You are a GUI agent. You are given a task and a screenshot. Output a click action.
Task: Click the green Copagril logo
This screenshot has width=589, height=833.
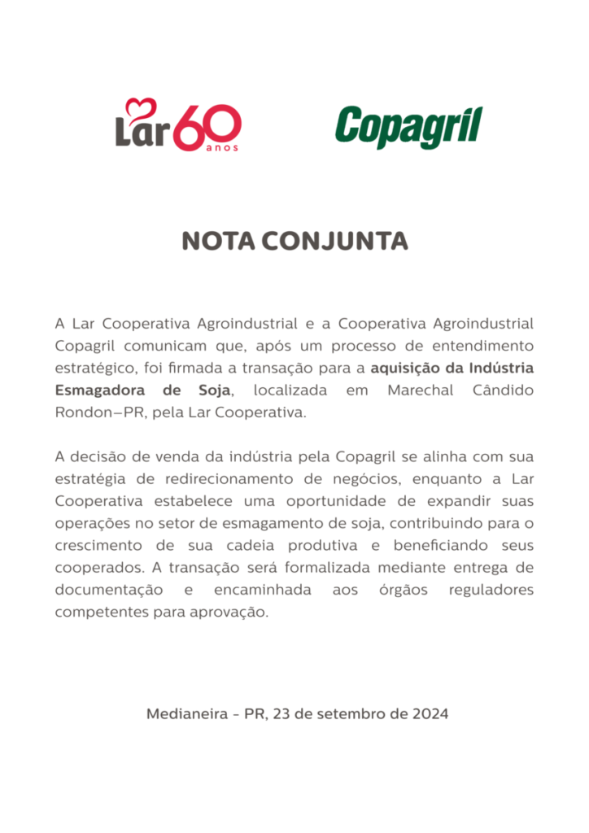tap(408, 127)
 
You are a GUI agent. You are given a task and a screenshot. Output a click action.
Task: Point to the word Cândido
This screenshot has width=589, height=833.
tap(503, 390)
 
